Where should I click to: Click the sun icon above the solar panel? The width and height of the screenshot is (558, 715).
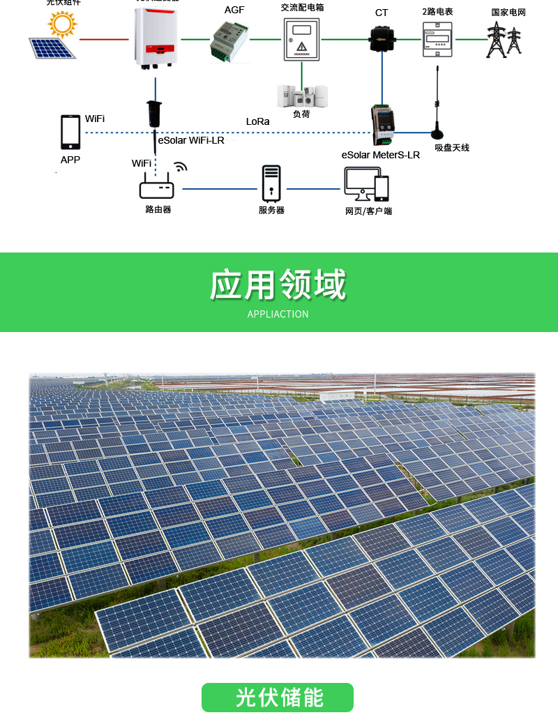point(62,25)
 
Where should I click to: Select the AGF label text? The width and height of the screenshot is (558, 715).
point(234,10)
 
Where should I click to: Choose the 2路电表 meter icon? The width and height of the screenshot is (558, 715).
point(437,39)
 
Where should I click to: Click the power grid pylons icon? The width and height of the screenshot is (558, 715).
point(504,40)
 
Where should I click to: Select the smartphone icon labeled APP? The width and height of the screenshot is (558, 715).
point(70,132)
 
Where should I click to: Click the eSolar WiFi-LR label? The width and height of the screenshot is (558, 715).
point(191,140)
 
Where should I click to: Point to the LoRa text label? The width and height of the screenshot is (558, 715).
point(257,121)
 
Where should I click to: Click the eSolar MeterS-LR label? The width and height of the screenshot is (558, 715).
point(380,155)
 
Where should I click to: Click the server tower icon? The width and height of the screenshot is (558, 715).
point(271,183)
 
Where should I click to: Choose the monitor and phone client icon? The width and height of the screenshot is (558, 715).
point(366,184)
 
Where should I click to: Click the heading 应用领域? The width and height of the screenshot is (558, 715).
point(278,285)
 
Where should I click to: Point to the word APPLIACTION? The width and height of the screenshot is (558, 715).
point(278,314)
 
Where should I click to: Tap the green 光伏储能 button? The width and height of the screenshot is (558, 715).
point(278,697)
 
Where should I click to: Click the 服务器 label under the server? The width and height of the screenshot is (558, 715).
point(271,210)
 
